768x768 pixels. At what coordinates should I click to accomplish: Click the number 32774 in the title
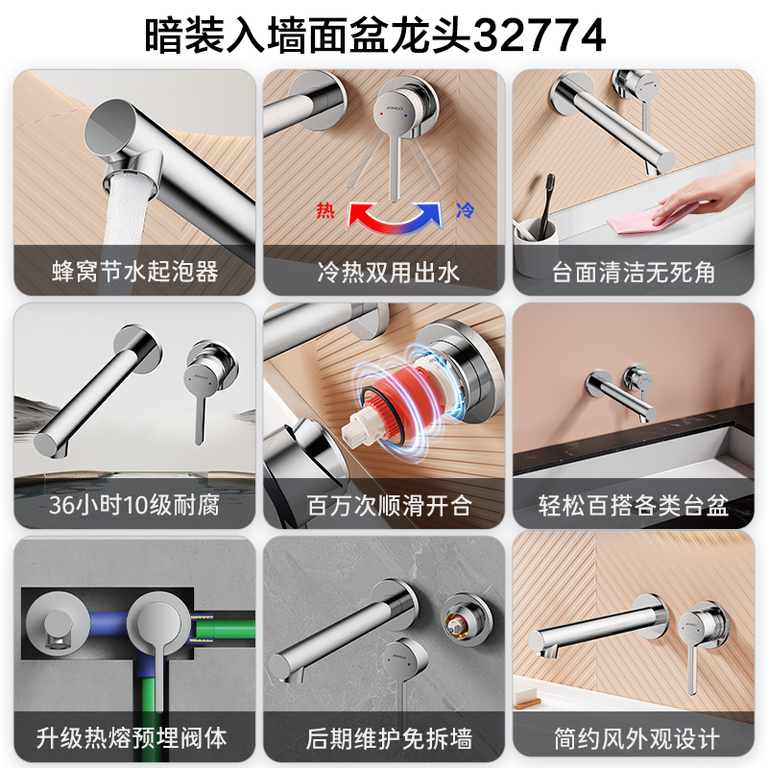point(540,36)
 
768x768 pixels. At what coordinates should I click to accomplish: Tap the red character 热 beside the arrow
point(325,210)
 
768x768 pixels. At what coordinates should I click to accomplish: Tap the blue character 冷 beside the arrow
point(465,210)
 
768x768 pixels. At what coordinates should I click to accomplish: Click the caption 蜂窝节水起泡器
point(134,272)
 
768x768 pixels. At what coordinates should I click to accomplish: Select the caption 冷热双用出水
point(388,272)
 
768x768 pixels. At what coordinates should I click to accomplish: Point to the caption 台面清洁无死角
point(634,272)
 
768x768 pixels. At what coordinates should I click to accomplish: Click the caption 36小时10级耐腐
point(134,505)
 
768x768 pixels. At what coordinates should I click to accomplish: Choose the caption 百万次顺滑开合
point(389,506)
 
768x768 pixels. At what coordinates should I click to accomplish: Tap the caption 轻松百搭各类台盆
point(634,506)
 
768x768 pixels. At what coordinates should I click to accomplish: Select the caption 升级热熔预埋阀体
point(132,737)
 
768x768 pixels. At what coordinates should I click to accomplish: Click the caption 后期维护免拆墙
point(389,738)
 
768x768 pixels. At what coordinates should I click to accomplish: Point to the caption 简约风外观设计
point(636,738)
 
